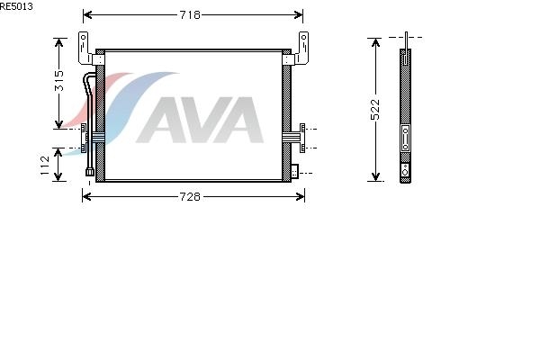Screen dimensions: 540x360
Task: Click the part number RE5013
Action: (x=16, y=6)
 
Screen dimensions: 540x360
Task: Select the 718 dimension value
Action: (x=190, y=14)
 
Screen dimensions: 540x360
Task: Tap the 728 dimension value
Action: (x=190, y=197)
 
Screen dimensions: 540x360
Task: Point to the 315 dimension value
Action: (x=59, y=81)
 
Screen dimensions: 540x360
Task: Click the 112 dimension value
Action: (x=45, y=166)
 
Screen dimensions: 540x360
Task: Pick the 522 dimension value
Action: (x=375, y=110)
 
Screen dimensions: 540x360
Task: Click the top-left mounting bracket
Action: (x=85, y=49)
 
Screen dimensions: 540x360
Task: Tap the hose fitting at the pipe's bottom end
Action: (x=90, y=172)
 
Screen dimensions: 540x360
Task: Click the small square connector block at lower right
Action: (x=295, y=171)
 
